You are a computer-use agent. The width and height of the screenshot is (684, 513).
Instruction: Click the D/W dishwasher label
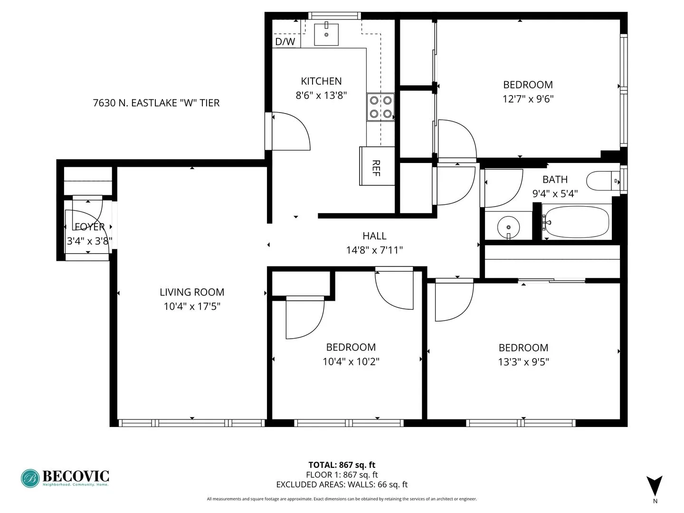[x=285, y=42]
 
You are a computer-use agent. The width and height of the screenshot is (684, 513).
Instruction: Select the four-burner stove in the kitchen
[x=381, y=107]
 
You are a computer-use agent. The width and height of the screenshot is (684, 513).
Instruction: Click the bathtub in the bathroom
[x=577, y=222]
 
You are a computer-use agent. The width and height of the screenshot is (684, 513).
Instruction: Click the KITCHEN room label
[x=321, y=81]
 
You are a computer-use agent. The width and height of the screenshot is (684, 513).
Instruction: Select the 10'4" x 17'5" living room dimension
[x=192, y=306]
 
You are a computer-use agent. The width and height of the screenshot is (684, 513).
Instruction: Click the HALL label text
[x=374, y=236]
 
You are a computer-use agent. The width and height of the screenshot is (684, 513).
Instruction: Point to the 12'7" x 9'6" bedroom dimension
[x=528, y=99]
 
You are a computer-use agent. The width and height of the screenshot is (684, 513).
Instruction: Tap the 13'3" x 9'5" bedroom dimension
[x=523, y=362]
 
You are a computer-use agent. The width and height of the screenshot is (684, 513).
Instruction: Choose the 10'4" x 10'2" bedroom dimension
[x=351, y=361]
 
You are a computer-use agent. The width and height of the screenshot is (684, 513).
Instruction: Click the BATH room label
[x=555, y=180]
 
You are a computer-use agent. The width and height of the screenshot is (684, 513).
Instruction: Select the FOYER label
[x=89, y=227]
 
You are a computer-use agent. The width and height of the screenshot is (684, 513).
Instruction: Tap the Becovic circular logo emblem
[x=30, y=478]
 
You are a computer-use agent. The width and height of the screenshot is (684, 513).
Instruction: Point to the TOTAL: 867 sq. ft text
[x=342, y=465]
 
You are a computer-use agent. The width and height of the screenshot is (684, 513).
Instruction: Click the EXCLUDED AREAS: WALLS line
[x=342, y=484]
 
